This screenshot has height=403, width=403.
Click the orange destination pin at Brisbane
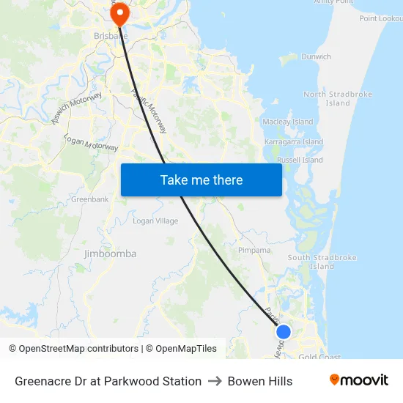[x=119, y=13]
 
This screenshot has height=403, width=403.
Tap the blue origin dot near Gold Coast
[x=284, y=332]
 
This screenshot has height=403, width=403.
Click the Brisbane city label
[x=111, y=35]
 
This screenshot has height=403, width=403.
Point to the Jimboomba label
[x=111, y=254]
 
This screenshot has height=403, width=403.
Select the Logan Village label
[x=155, y=221]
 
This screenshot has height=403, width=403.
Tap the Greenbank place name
[x=90, y=199]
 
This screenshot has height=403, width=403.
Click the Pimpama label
[x=254, y=250]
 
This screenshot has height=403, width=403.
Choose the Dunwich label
[x=316, y=56]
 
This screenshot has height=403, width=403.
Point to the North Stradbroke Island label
[x=338, y=98]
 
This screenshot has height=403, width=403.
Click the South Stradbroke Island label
[x=322, y=262]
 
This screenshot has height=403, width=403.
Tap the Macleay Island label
[x=288, y=122]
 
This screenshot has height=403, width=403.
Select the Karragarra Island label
[x=293, y=141]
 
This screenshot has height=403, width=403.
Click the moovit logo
[x=358, y=380]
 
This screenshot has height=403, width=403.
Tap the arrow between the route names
[x=215, y=381]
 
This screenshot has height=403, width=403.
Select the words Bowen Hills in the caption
[x=260, y=381]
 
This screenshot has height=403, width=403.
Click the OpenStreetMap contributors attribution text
[x=78, y=349]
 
